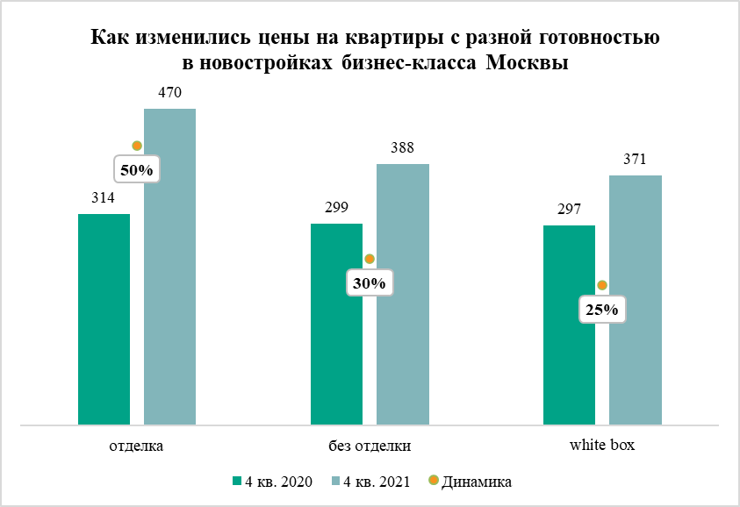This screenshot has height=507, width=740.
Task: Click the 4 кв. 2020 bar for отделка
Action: point(104,320)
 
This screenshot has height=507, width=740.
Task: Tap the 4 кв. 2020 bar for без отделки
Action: point(336,325)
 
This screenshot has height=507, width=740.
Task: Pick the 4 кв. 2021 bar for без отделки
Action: point(402,295)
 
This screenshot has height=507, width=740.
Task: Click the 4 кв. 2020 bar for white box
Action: point(569,325)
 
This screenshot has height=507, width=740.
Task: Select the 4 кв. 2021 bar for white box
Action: point(635,301)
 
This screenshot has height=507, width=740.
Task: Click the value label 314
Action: point(104,198)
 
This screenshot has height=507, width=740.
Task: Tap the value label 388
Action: point(402,147)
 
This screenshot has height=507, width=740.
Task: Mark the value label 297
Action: point(569,210)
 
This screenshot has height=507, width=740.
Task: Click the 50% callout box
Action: point(136,170)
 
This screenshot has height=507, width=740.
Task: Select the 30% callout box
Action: point(370,283)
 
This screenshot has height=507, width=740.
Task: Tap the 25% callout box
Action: point(602,310)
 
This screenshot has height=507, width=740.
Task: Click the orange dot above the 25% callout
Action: point(602,285)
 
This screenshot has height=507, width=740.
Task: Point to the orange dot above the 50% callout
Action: point(136,146)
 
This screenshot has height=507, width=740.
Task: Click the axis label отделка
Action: point(136,446)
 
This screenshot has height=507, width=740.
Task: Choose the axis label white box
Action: point(602,446)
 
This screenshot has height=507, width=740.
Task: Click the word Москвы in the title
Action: point(524,64)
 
